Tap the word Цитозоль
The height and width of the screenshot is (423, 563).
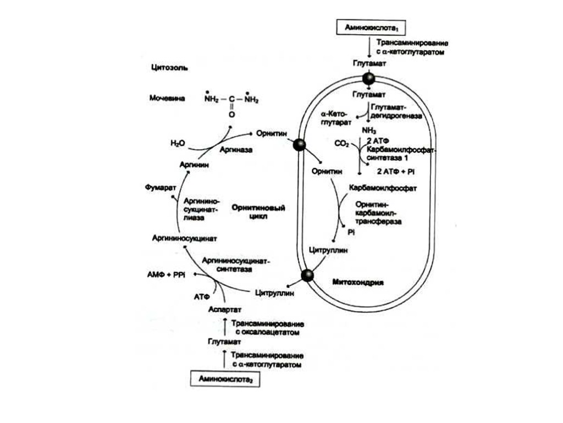tap(169, 68)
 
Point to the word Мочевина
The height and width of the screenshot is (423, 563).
tap(167, 99)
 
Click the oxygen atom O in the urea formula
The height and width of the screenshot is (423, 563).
tap(231, 116)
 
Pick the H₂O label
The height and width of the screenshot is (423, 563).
tap(178, 143)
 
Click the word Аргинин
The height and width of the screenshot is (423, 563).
tap(195, 165)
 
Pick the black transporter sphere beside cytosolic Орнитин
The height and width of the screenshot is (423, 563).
tap(299, 145)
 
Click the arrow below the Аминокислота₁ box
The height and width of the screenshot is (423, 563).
tap(369, 48)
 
